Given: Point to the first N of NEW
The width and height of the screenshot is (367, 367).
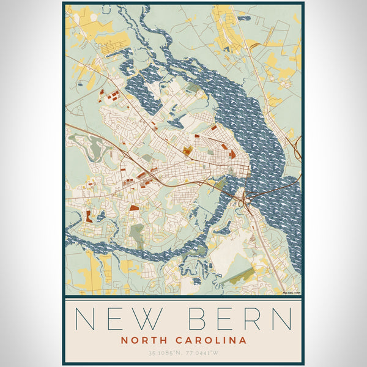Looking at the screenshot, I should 84,319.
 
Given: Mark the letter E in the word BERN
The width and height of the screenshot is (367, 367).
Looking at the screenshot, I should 224,319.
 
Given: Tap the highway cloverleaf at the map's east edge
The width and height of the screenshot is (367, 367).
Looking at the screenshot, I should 298,147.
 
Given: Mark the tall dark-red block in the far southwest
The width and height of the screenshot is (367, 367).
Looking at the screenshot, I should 88,216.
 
